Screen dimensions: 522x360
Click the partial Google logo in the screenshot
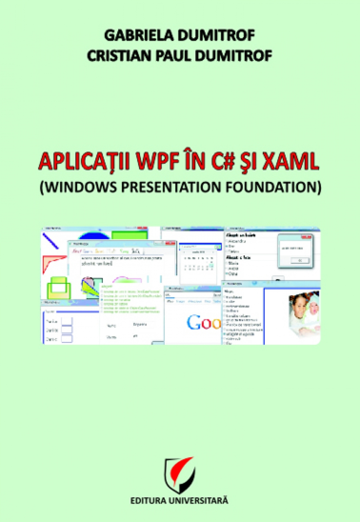[204, 322]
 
